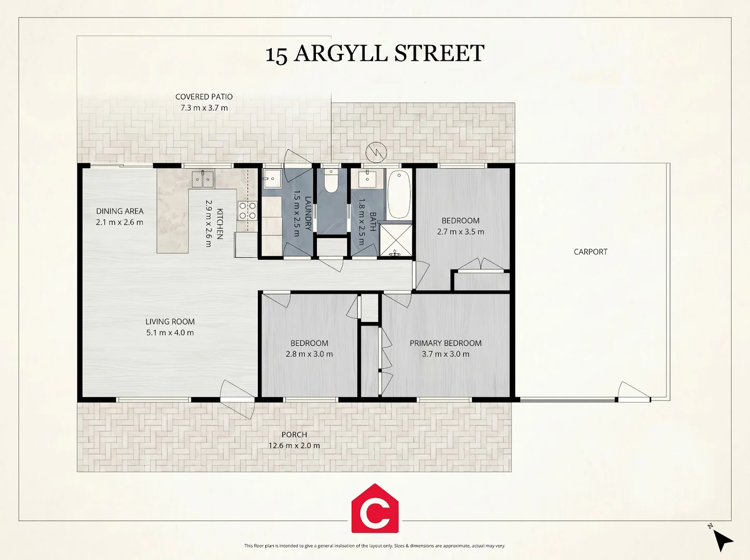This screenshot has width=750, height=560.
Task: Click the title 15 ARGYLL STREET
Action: [x=375, y=53]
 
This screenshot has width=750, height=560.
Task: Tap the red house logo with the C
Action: [x=375, y=508]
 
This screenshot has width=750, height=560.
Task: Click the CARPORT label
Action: [x=590, y=251]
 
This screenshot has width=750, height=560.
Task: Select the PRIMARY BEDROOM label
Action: [x=446, y=343]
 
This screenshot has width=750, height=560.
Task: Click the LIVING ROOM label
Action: [x=170, y=321]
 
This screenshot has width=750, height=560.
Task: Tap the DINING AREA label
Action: [x=120, y=211]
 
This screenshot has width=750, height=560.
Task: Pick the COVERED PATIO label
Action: [x=204, y=96]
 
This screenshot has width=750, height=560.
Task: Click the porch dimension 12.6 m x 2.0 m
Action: [x=294, y=445]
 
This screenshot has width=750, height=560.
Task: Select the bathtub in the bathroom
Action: [x=399, y=194]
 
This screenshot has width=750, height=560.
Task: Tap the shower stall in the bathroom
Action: [x=396, y=240]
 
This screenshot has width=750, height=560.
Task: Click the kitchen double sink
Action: [x=203, y=179]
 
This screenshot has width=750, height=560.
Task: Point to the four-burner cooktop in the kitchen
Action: [x=247, y=211]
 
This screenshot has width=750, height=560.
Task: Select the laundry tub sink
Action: [x=272, y=178]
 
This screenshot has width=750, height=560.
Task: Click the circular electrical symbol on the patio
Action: [x=376, y=152]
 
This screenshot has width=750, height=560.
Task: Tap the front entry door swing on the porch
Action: [x=237, y=399]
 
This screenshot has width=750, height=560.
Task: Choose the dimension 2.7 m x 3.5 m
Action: [x=461, y=231]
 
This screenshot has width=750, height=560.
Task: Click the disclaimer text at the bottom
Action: [x=375, y=545]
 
